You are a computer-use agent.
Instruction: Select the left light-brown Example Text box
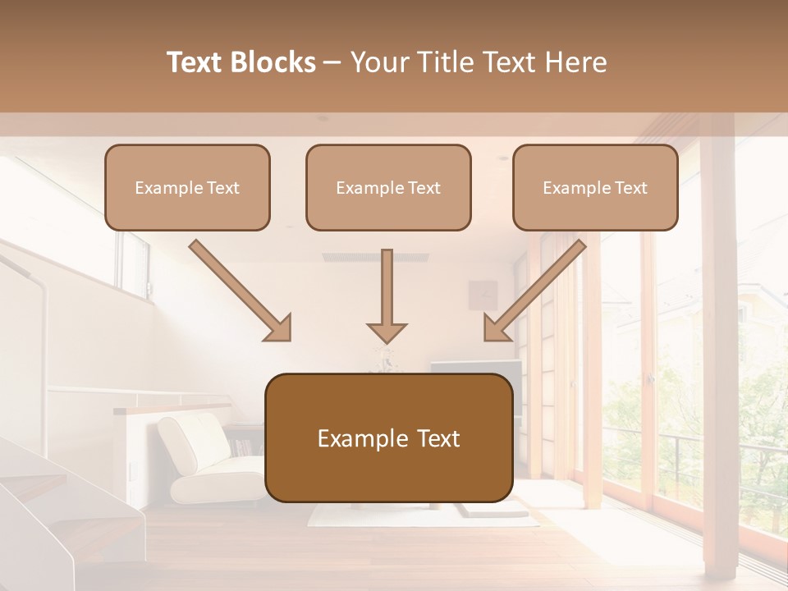click(187, 188)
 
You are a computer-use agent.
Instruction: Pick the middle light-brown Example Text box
click(388, 188)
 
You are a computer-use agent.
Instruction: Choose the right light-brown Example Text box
click(595, 188)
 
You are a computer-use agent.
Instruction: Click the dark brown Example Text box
click(388, 438)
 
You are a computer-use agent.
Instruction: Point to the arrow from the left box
click(241, 291)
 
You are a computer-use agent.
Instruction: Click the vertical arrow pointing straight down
click(387, 295)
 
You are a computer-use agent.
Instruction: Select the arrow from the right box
click(534, 291)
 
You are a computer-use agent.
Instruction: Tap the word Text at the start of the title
click(196, 62)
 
